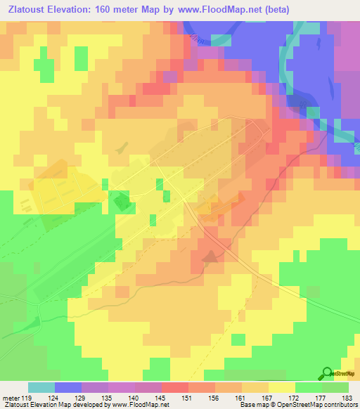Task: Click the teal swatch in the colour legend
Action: (41, 388)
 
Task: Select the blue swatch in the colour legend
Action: (68, 388)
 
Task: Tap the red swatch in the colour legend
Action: (175, 388)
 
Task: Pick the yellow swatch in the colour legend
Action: (282, 388)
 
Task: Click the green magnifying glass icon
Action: (327, 372)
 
